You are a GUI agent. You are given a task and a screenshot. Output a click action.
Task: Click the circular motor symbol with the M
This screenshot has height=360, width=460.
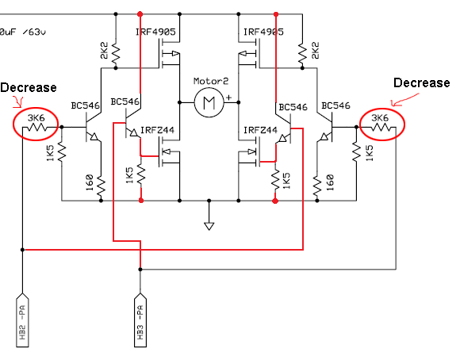coord(209,102)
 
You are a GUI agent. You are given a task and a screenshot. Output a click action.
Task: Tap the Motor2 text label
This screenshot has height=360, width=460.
coord(211,81)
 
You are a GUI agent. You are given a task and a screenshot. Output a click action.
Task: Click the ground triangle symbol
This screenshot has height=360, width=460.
coord(209,226)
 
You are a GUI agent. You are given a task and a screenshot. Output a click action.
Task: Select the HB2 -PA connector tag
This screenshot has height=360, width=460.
coord(22,320)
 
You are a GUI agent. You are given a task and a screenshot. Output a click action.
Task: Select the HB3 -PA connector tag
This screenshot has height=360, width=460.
coord(140,320)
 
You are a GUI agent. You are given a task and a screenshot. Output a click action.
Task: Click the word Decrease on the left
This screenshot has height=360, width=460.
coord(29,88)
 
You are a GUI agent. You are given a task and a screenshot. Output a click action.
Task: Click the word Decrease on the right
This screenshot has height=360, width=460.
coord(422,82)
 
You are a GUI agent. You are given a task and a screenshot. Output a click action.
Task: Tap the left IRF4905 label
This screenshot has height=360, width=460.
coord(155,32)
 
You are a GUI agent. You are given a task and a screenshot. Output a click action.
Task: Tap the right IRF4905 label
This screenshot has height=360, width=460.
coord(263,32)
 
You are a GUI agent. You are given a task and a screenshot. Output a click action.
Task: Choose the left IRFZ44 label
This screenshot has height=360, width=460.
coord(157,130)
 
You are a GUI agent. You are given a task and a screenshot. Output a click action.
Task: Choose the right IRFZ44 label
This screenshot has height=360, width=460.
coord(260,130)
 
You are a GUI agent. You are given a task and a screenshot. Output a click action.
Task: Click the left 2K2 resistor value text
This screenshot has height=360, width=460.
coord(105,51)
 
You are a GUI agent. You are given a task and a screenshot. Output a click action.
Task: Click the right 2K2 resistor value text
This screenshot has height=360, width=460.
coord(315,51)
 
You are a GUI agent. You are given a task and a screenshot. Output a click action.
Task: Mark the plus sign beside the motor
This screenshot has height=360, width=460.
coord(229,97)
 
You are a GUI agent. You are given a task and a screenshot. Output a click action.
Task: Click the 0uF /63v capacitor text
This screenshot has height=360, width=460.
coord(23,32)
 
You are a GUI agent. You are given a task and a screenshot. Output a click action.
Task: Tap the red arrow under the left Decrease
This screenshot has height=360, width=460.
coord(18,101)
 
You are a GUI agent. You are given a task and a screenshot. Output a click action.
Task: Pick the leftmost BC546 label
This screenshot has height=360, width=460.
coord(86,105)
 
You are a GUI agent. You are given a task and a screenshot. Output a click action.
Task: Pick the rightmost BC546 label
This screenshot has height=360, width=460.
coord(335,105)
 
